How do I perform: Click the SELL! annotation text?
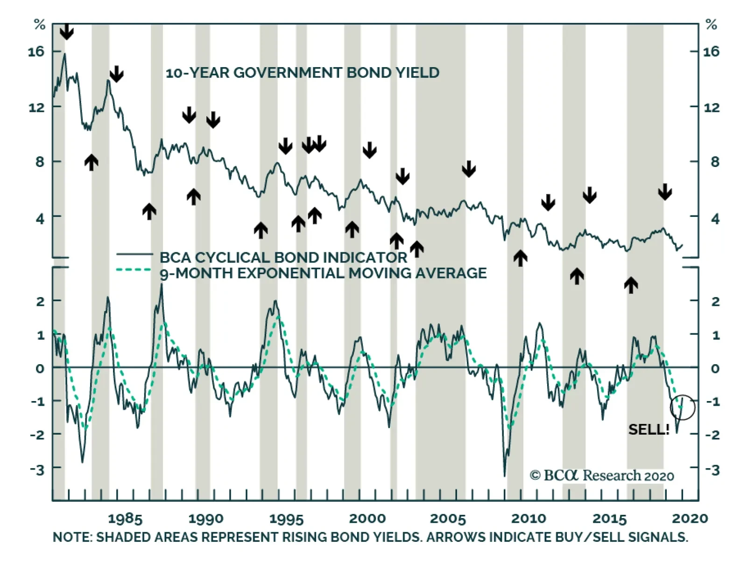(648, 429)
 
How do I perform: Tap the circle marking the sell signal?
(682, 408)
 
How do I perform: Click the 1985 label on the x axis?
(125, 519)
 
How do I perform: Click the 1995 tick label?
(286, 519)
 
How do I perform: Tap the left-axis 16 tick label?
(36, 51)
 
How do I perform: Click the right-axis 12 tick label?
(711, 108)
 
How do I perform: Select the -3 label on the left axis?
(37, 470)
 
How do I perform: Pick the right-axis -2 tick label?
(712, 435)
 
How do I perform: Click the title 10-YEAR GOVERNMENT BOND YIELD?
(303, 73)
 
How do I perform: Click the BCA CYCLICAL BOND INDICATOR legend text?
(283, 257)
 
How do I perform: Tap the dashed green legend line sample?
(134, 270)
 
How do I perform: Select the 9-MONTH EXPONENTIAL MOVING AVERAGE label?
(323, 273)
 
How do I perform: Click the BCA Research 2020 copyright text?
(602, 476)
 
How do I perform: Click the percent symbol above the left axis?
(40, 25)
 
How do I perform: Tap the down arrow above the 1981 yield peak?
(67, 32)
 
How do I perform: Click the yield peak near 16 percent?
(64, 54)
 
